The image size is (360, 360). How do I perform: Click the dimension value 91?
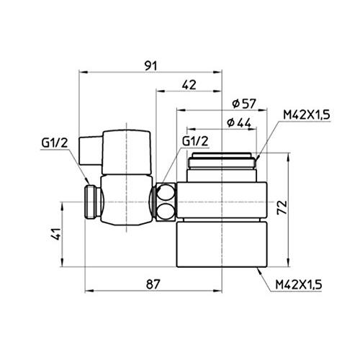(x=150, y=65)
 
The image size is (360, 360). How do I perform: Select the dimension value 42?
(x=189, y=84)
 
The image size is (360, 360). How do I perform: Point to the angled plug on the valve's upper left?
(x=91, y=153)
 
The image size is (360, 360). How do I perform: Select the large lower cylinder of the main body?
(x=222, y=244)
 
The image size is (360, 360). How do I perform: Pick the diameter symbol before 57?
(x=228, y=103)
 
